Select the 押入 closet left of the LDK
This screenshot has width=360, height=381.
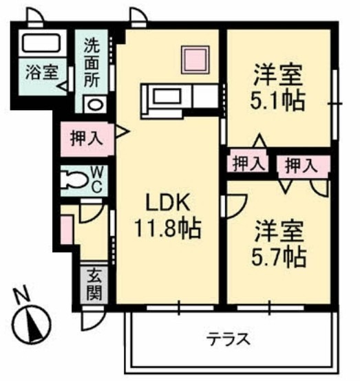[x=87, y=137]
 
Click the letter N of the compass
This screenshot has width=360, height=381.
[x=23, y=297]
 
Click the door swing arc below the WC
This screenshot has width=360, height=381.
[x=89, y=209]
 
